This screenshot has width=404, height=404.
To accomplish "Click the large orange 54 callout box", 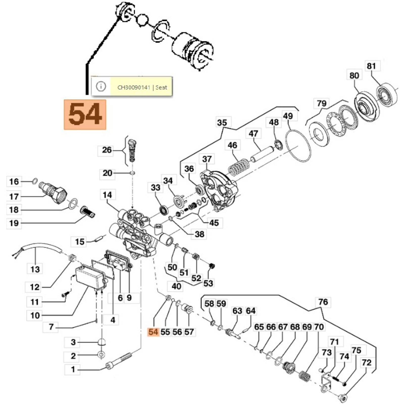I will pos(85,114).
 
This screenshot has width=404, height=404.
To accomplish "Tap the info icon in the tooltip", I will pos(101,87).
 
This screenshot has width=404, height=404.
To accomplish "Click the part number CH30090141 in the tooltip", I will pos(134,87).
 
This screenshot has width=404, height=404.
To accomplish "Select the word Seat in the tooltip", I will pos(161,87).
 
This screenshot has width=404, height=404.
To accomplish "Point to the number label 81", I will pos(371,66).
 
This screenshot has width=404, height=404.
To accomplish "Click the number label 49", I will pos(288,116).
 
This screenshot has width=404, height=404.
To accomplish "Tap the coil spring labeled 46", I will pos(239,167).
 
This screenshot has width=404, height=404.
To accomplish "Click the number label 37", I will pos(207,159).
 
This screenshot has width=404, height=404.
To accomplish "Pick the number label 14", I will pos(107,195).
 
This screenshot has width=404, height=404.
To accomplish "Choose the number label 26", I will pos(107,150).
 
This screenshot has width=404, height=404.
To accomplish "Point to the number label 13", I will pos(35,269).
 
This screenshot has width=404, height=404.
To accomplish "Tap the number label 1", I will pos(73,370).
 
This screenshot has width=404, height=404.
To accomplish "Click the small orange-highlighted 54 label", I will pos(153,332).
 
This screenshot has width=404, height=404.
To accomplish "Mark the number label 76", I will pos(323,302).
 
